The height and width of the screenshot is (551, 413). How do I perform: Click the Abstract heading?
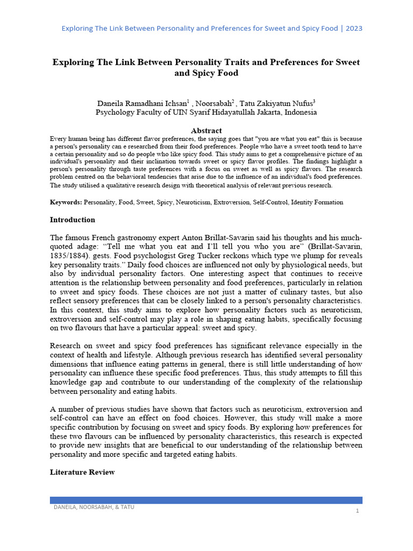coord(206,131)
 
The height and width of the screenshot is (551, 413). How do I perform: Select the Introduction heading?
coord(73,220)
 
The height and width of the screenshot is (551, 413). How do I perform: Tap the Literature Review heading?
coord(82,472)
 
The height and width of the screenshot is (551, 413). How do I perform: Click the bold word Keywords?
coord(66,202)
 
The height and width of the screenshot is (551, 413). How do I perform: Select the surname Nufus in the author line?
coord(302,103)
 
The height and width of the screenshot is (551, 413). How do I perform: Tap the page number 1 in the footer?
coord(357,510)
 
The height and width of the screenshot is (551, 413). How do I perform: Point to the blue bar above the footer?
coord(206,500)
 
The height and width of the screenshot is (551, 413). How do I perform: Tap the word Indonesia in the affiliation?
coord(301,112)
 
